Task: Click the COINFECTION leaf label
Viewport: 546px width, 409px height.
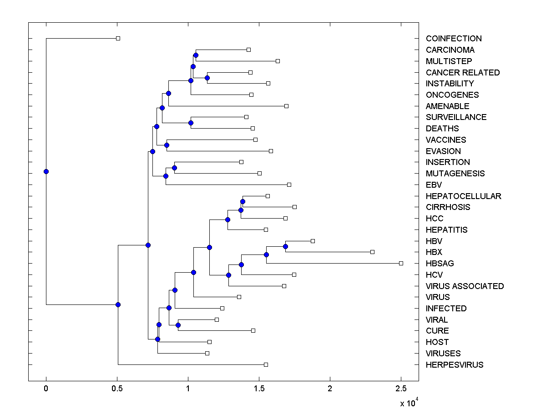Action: pos(453,39)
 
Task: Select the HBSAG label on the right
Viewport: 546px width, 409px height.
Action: pos(440,264)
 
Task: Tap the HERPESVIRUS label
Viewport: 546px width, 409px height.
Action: pos(454,365)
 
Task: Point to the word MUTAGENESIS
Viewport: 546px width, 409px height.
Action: pos(455,174)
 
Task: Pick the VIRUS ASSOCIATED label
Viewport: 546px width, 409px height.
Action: pos(465,286)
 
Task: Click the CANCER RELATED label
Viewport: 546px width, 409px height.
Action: pos(462,73)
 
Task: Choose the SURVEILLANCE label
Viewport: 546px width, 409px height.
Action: pos(456,117)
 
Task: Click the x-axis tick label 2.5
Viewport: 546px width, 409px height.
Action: pos(401,389)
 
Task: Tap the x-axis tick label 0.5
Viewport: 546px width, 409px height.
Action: pos(117,389)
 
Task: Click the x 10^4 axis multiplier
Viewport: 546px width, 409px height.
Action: pos(409,403)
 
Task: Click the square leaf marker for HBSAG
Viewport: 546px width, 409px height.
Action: pos(401,263)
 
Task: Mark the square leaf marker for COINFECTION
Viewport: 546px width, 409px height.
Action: pos(118,39)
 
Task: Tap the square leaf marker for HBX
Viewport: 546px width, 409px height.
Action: pos(372,252)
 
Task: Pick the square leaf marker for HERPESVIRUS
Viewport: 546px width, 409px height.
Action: pos(266,364)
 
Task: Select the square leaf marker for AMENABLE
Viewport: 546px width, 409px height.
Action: pos(286,106)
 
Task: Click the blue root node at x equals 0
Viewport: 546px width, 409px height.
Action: pos(46,171)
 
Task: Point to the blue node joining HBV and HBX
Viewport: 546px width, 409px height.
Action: pos(285,246)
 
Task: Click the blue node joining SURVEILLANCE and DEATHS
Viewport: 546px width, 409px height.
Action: pos(191,123)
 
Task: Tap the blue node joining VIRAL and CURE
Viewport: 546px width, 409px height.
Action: pos(178,325)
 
